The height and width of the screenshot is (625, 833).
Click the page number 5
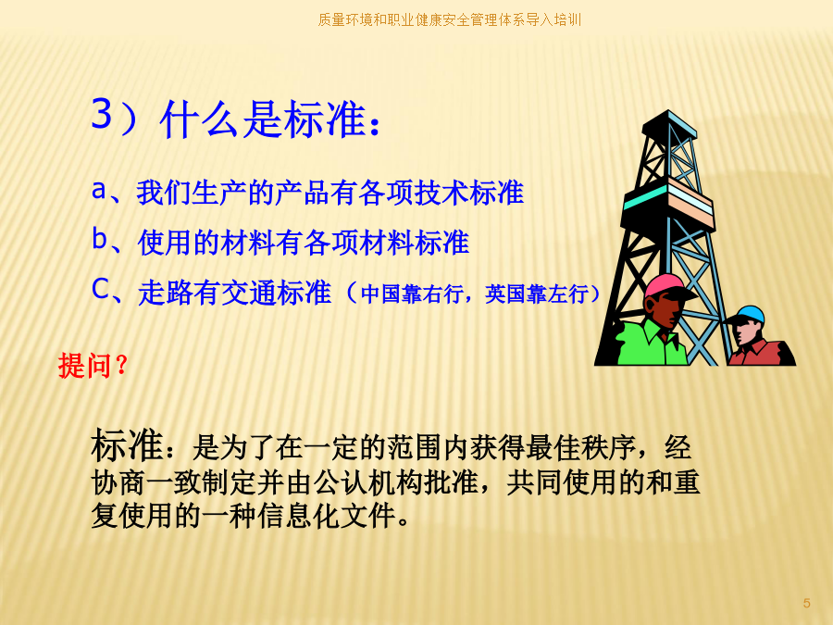click(806, 603)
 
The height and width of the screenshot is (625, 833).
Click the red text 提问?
click(93, 366)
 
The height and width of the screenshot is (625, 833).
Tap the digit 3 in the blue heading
click(102, 113)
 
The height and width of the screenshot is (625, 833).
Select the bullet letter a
click(99, 190)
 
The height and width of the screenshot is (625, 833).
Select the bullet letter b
click(99, 238)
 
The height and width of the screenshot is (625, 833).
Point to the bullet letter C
click(100, 289)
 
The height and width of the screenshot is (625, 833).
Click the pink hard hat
click(667, 286)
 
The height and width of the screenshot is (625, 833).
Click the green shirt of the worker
click(651, 343)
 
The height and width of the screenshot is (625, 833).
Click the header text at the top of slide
click(450, 20)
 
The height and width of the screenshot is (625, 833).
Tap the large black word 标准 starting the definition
click(127, 444)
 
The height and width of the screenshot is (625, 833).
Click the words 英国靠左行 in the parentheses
click(537, 294)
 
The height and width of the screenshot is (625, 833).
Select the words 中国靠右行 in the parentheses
click(412, 294)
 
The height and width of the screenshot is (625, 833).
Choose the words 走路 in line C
click(166, 293)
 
